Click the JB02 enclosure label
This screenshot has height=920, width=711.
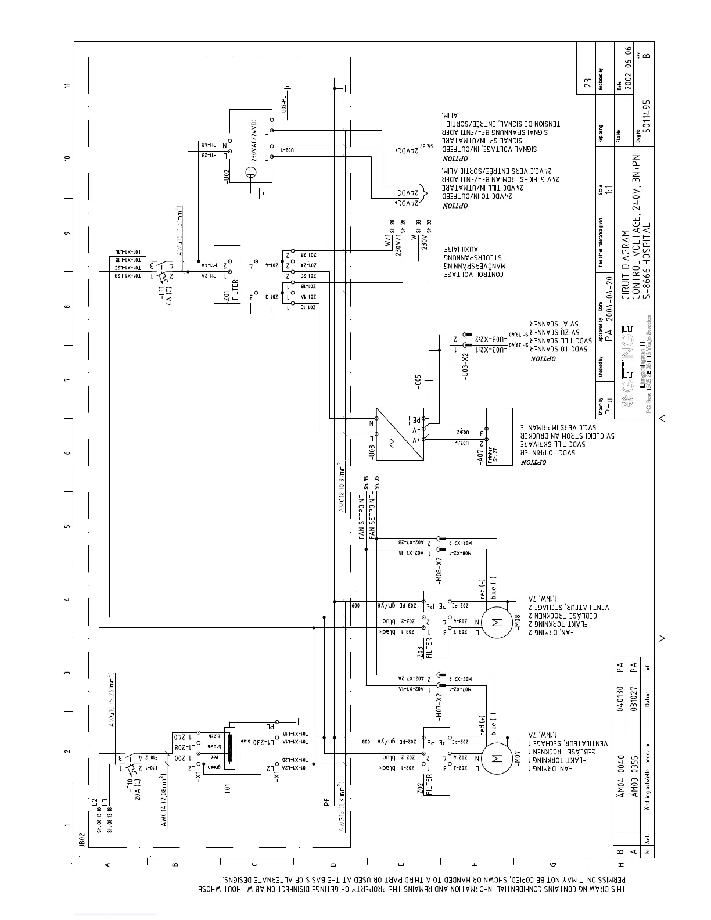82,841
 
